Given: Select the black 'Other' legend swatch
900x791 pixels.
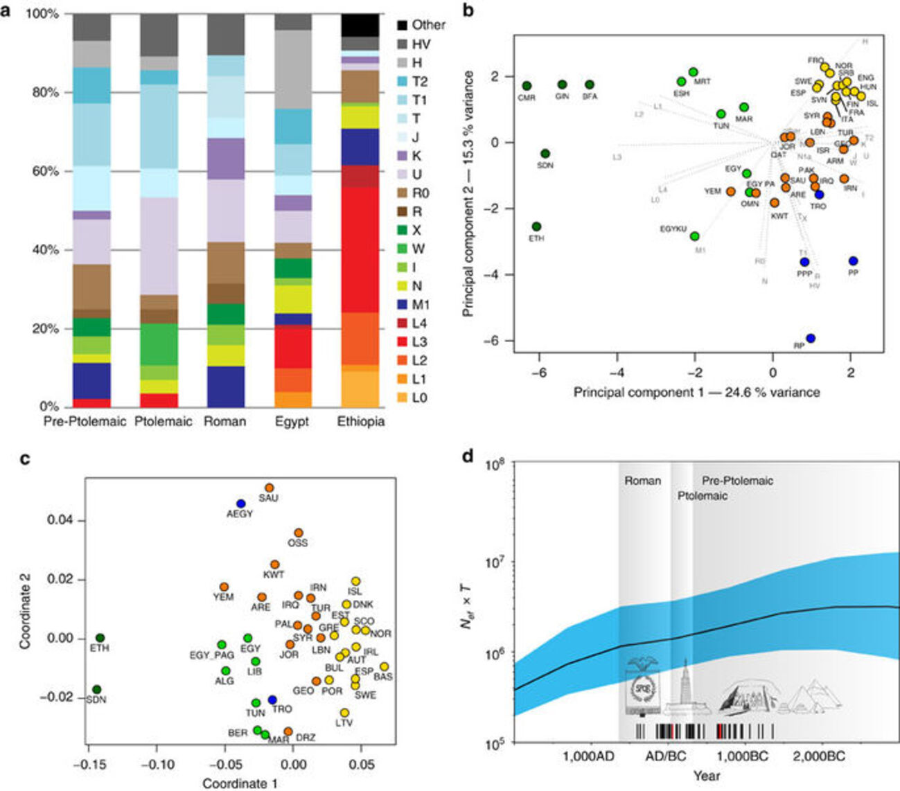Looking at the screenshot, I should click(x=402, y=25).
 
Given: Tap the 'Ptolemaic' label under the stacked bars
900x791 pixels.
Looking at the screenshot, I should click(x=164, y=422).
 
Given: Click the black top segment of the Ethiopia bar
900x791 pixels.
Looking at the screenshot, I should click(x=360, y=25).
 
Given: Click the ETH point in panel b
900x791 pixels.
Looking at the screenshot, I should click(x=536, y=226).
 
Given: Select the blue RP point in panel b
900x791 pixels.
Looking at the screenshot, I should click(x=811, y=338).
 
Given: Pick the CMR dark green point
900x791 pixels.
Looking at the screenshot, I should click(x=527, y=86).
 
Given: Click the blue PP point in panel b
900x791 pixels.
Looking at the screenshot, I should click(x=853, y=261).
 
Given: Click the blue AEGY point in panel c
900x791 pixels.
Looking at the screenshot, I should click(x=240, y=504).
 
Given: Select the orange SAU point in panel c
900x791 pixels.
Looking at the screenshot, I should click(x=269, y=488).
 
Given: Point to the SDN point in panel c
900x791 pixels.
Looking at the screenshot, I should click(x=97, y=689).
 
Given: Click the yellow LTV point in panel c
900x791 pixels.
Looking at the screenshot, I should click(x=344, y=713).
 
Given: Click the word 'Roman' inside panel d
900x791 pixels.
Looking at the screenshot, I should click(x=642, y=481).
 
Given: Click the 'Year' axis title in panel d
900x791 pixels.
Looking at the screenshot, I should click(x=706, y=775).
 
